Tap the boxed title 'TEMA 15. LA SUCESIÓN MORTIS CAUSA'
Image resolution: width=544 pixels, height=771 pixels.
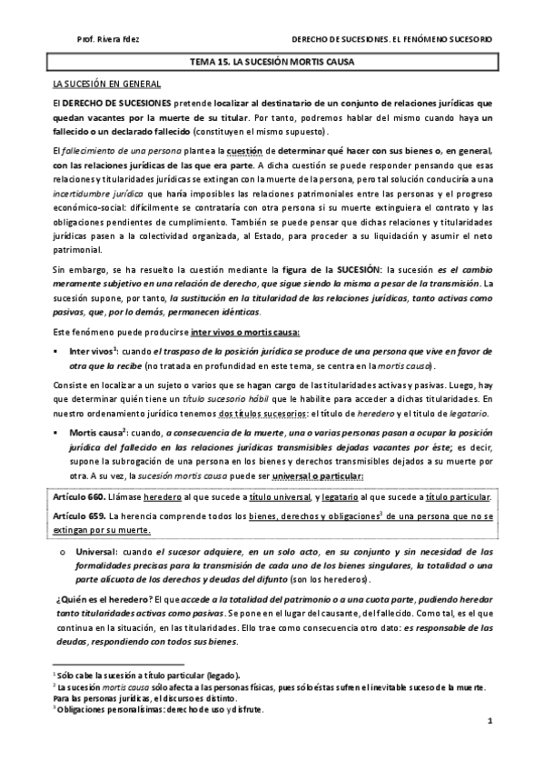(272, 63)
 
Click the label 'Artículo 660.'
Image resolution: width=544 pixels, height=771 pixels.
(79, 497)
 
